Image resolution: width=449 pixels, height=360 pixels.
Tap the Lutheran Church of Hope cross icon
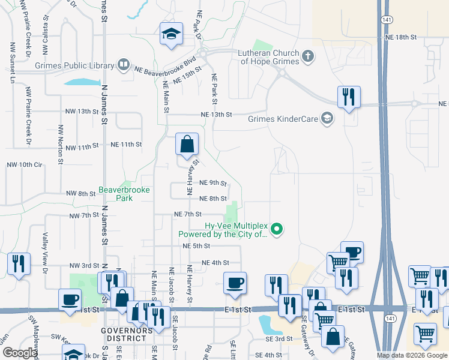[x=308, y=57]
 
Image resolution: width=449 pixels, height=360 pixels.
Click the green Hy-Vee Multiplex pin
[x=277, y=229]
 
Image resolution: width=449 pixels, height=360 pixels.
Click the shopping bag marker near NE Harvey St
[x=187, y=144]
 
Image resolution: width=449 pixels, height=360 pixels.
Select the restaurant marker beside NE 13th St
[x=349, y=97]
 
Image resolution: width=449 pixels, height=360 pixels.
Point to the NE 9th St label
[x=212, y=182]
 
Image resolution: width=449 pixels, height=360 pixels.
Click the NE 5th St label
[x=196, y=246]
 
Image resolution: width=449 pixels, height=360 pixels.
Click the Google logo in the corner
[x=19, y=353]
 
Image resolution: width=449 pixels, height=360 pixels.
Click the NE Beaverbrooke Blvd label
[x=166, y=65]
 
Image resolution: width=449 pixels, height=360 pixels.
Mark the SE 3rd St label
[x=280, y=339]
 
